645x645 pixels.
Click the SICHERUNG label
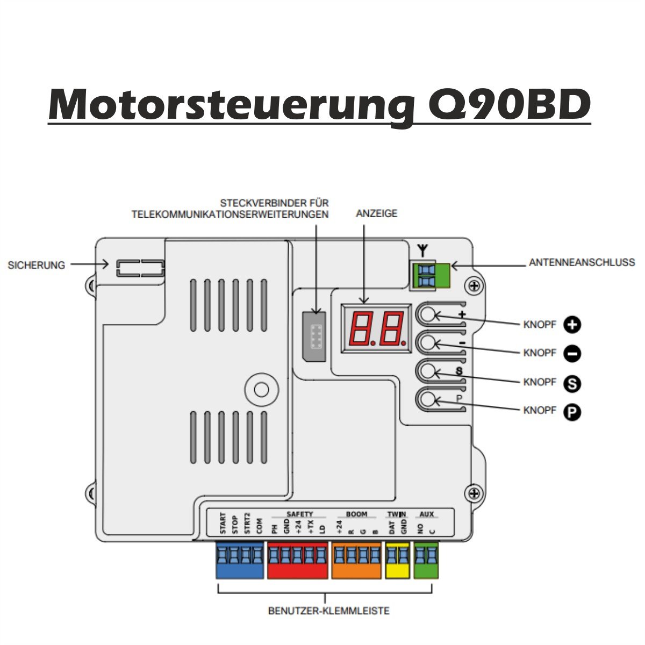click(x=36, y=265)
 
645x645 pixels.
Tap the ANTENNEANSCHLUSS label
click(x=582, y=262)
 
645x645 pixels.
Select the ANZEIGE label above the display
click(x=377, y=213)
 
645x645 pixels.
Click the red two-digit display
click(x=377, y=328)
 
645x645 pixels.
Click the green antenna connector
click(x=432, y=276)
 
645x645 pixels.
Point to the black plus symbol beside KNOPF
click(x=572, y=325)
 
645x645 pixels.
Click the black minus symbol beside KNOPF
click(x=572, y=354)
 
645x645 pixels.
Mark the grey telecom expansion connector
click(x=314, y=336)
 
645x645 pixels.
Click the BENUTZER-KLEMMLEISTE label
click(x=329, y=611)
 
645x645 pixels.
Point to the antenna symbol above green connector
click(x=423, y=251)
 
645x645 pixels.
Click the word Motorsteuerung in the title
click(x=232, y=105)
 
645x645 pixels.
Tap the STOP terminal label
click(x=235, y=525)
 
